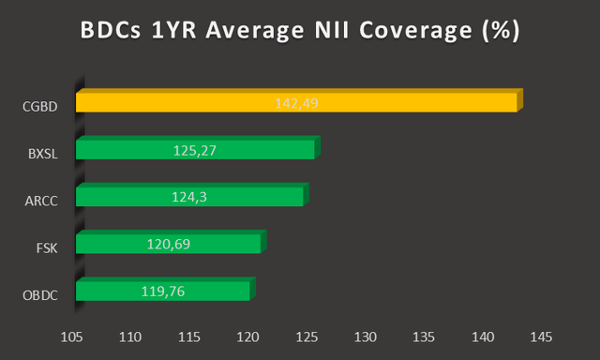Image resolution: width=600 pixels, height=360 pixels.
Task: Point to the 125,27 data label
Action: (195, 149)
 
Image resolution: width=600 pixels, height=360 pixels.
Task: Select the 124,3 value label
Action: (189, 196)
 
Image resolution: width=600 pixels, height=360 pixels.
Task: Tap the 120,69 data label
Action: (169, 243)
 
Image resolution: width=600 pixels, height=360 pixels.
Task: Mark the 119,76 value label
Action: (163, 290)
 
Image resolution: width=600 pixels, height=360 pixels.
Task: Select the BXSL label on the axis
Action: (42, 154)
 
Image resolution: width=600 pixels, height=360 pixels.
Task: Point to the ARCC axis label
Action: (41, 200)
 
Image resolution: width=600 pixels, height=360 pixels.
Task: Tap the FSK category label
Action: (47, 247)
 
